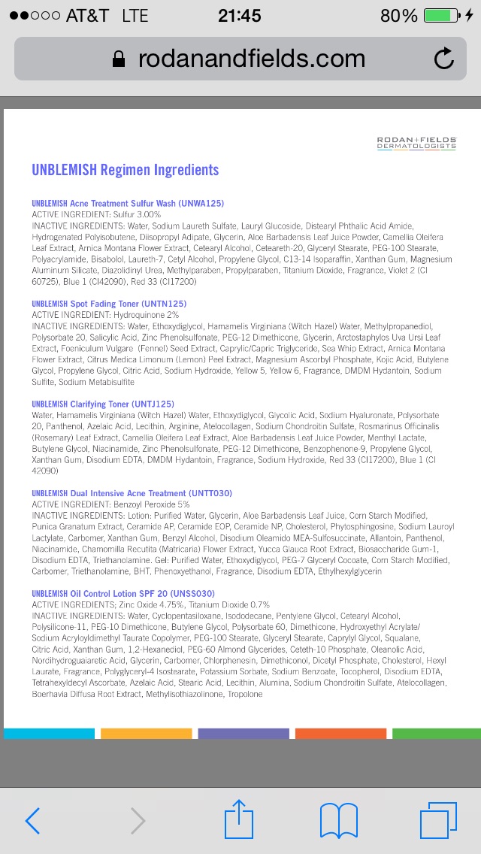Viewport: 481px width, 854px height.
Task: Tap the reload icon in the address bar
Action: (444, 59)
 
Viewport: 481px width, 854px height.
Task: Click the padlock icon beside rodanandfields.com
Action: (119, 59)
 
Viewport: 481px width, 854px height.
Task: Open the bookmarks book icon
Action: (338, 820)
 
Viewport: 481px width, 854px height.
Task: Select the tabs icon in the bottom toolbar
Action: (438, 820)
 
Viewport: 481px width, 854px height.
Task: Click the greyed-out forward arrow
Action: (138, 821)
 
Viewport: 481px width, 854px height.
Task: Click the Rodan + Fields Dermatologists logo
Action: (416, 143)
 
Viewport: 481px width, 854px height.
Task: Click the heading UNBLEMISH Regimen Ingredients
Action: (125, 170)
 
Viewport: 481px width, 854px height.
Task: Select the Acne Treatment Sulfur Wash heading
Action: (128, 204)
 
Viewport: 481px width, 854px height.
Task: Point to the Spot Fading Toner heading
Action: (109, 304)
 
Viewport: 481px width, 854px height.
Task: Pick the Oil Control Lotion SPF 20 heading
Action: (123, 594)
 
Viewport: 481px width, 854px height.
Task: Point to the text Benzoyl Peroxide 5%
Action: (151, 504)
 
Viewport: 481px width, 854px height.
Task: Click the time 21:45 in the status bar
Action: (240, 15)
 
